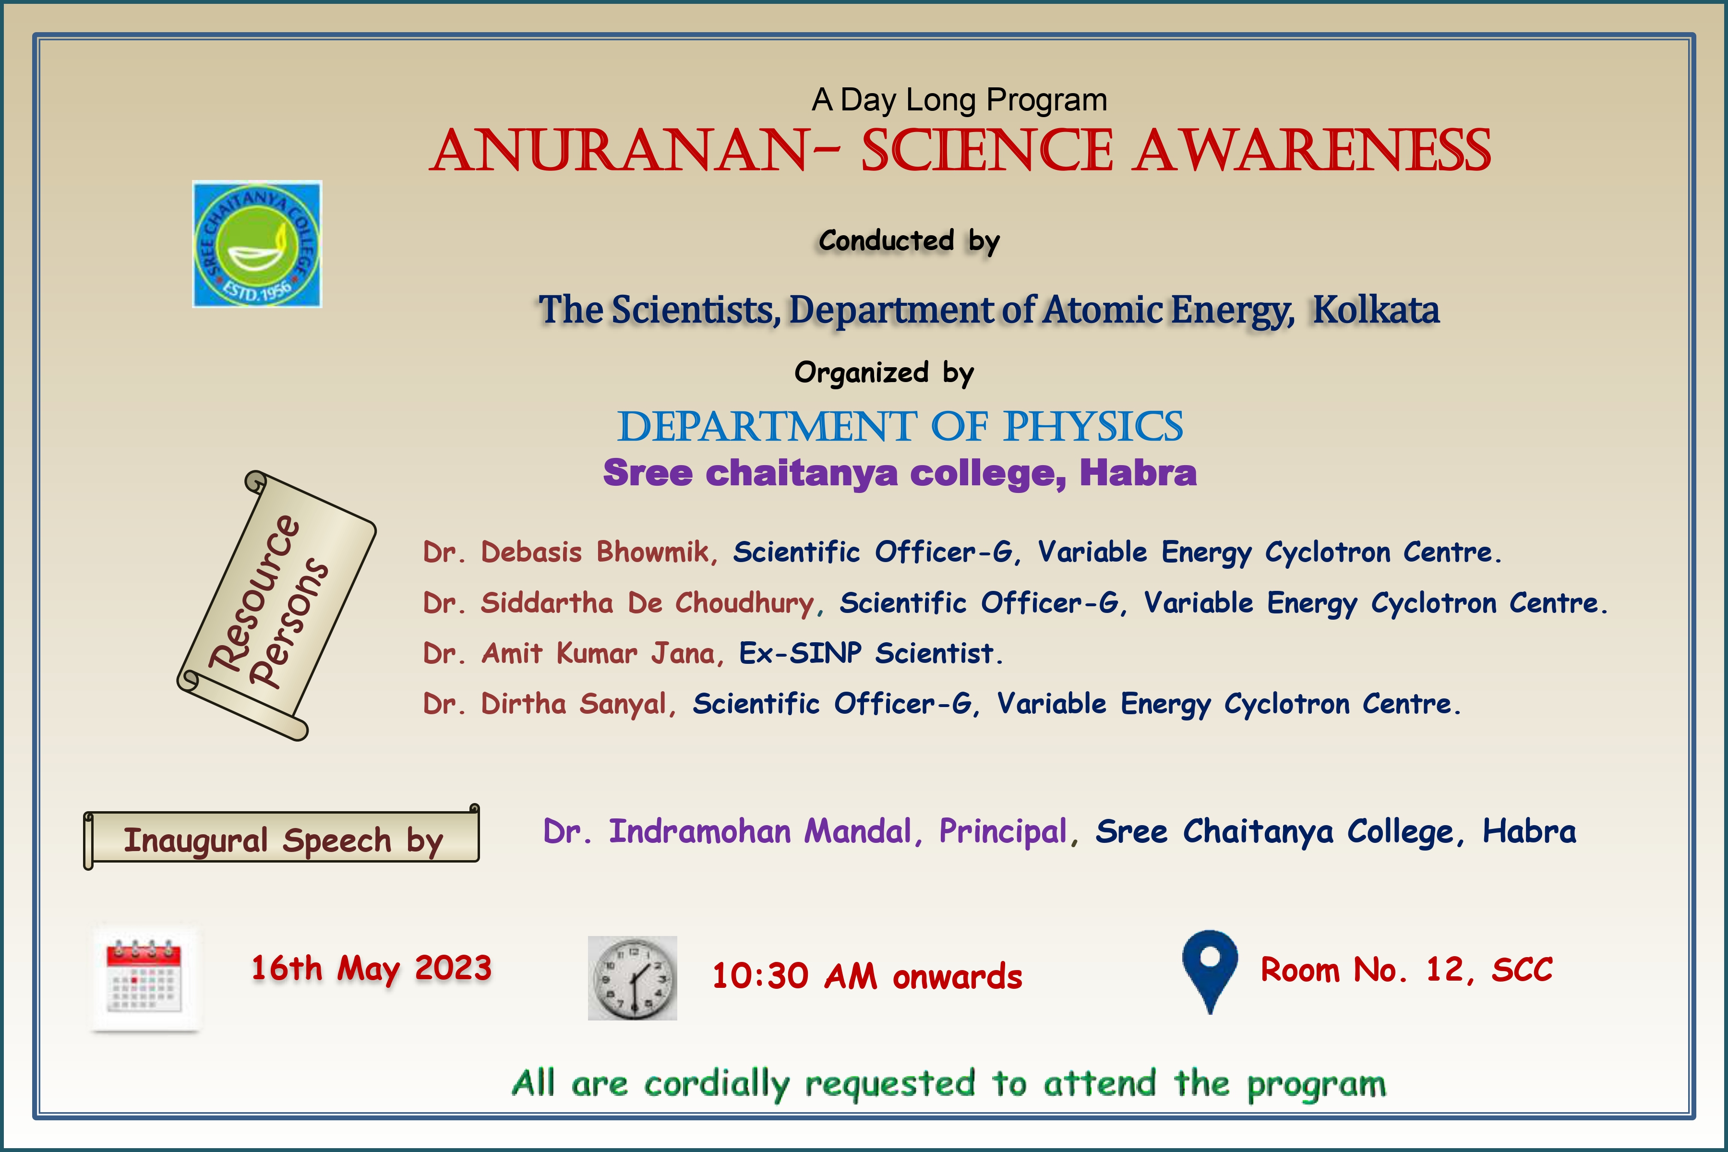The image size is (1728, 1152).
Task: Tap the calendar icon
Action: click(x=145, y=979)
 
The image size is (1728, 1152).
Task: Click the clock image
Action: click(x=632, y=978)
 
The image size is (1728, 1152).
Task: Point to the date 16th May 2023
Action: click(x=371, y=968)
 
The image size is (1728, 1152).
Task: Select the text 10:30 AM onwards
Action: click(x=867, y=976)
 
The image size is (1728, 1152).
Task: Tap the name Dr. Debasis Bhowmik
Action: click(x=569, y=552)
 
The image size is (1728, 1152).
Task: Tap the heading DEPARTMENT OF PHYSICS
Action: click(x=900, y=427)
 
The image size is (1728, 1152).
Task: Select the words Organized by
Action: click(x=884, y=372)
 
